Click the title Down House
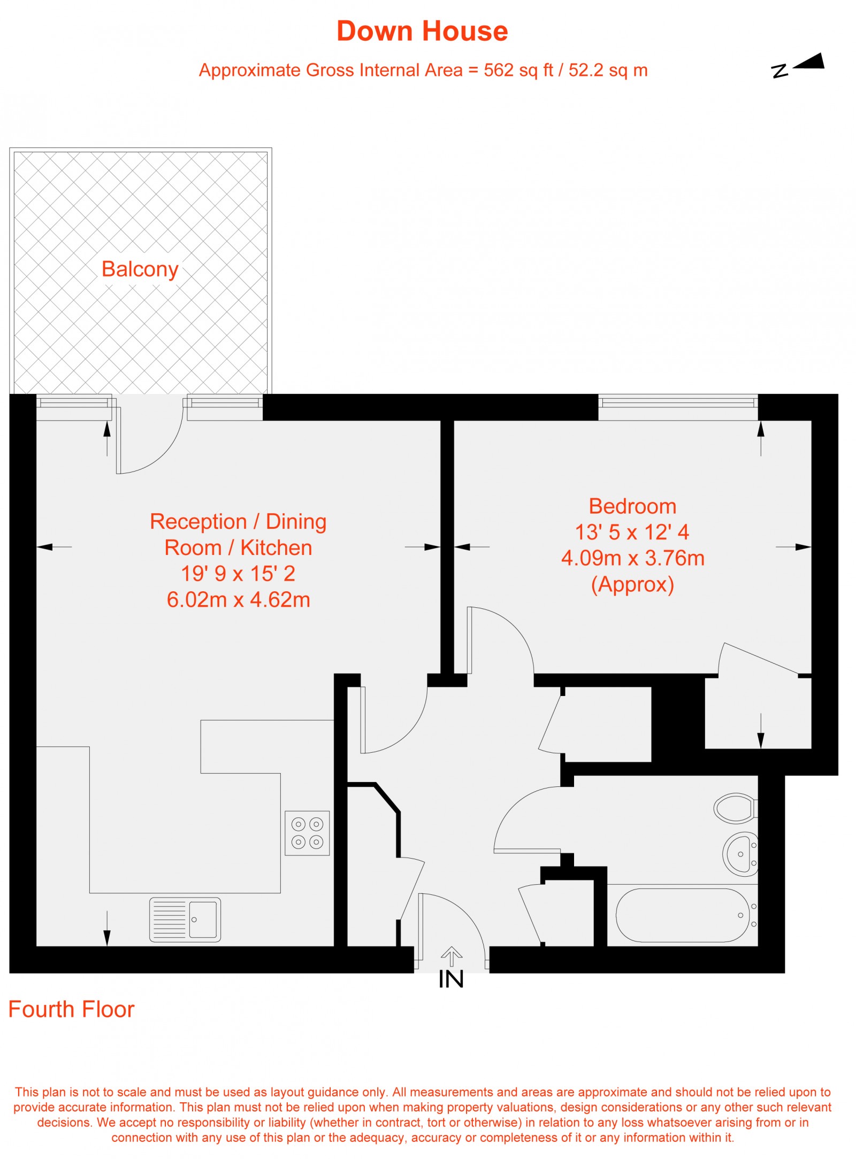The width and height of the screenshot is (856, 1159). pyautogui.click(x=422, y=31)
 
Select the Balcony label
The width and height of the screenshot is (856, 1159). pyautogui.click(x=140, y=269)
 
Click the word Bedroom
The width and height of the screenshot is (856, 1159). pyautogui.click(x=632, y=506)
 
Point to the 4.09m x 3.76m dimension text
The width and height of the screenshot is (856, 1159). pyautogui.click(x=632, y=558)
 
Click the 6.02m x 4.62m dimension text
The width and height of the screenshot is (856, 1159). pyautogui.click(x=238, y=600)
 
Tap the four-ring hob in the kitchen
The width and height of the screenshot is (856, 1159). pyautogui.click(x=307, y=833)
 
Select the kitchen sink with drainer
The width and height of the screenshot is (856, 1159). pyautogui.click(x=185, y=920)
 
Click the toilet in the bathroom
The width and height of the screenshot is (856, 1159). pyautogui.click(x=735, y=808)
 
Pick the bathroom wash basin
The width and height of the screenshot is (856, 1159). pyautogui.click(x=741, y=854)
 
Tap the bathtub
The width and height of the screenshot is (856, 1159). pyautogui.click(x=683, y=915)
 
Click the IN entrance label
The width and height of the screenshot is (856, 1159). pyautogui.click(x=451, y=979)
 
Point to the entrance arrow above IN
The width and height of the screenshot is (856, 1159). pyautogui.click(x=451, y=956)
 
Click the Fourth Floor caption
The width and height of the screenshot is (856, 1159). pyautogui.click(x=71, y=1009)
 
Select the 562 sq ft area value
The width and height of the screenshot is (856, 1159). pyautogui.click(x=518, y=71)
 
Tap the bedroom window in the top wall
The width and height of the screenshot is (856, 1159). pyautogui.click(x=678, y=401)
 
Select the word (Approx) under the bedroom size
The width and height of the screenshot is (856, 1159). pyautogui.click(x=632, y=584)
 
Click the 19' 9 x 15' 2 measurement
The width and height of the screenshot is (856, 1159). pyautogui.click(x=238, y=574)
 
